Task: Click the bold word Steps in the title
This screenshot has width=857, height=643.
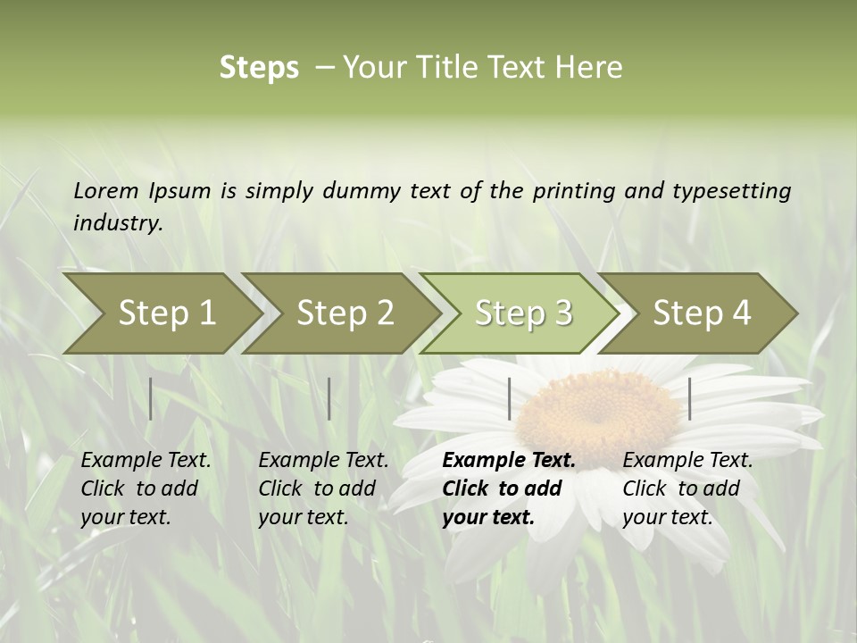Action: tap(259, 68)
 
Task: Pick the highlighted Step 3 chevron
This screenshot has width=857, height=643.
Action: tap(522, 313)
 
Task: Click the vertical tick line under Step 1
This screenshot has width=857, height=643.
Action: tap(151, 398)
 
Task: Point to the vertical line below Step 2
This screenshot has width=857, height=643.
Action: tap(329, 398)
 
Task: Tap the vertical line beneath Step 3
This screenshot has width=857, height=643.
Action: tap(510, 398)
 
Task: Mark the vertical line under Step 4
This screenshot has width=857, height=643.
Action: tap(690, 398)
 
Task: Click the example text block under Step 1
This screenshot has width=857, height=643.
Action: tap(146, 489)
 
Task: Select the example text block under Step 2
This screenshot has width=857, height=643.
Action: tap(323, 489)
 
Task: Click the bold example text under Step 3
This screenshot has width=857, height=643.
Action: tap(509, 489)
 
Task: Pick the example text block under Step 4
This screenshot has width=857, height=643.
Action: tap(687, 489)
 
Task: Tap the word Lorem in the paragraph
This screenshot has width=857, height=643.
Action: tap(106, 191)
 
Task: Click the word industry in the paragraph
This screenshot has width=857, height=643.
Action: tap(117, 223)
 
